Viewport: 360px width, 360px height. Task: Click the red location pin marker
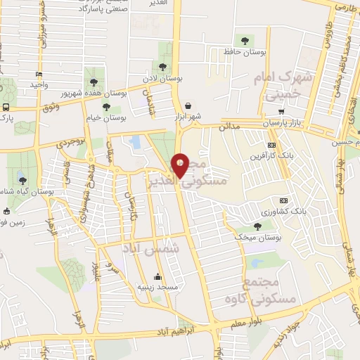click(181, 166)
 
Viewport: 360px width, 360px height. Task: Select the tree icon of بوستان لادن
click(162, 67)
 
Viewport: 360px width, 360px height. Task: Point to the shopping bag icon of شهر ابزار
click(188, 106)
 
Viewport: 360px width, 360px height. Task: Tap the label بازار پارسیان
click(286, 123)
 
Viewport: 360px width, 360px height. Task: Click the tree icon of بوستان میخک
click(258, 226)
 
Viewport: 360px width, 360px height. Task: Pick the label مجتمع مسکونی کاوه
click(271, 290)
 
